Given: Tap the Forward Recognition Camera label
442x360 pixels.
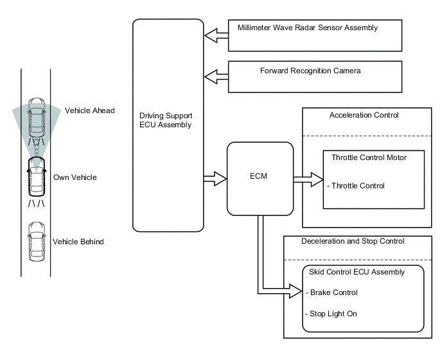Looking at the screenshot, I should coord(310,70).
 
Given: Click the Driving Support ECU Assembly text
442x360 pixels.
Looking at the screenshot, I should coord(166,120).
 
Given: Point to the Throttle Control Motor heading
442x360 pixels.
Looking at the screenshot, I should coord(369,157).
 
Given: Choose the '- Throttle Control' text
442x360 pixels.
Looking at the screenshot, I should coord(356,186).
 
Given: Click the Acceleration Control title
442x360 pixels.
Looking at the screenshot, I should coord(364,116).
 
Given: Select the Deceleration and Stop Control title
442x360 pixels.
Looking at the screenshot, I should coord(353,242).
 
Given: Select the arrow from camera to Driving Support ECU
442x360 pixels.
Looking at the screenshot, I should coord(215,77).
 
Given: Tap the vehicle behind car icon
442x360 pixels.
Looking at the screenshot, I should coord(36,241).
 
